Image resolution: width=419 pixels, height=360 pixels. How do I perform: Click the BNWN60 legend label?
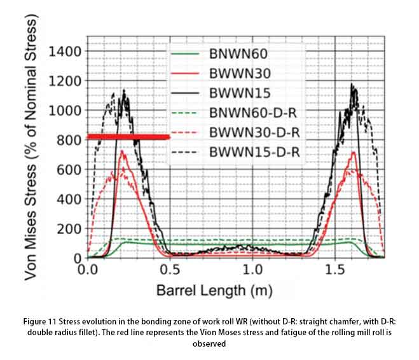(238, 53)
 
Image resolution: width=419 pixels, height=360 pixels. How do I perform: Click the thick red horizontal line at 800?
(128, 137)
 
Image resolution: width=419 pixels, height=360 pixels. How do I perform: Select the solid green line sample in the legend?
(185, 53)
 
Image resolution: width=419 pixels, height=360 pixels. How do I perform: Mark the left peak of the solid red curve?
(121, 151)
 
